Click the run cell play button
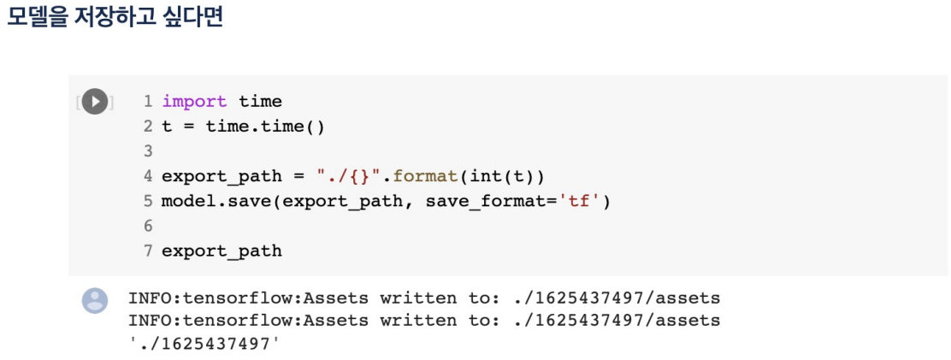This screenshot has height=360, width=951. [x=95, y=102]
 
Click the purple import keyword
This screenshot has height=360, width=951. [x=194, y=102]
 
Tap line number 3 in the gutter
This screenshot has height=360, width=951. [x=147, y=151]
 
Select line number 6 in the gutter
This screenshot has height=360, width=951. [x=147, y=226]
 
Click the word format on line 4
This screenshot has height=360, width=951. [x=422, y=176]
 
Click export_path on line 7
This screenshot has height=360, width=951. [x=222, y=251]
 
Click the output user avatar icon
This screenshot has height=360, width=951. [x=95, y=300]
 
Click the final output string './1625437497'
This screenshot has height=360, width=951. [x=204, y=343]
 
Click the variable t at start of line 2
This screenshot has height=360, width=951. [x=166, y=127]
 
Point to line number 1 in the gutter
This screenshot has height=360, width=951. [x=147, y=102]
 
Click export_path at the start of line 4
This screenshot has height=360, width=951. [x=222, y=176]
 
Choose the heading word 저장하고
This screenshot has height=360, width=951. [x=114, y=18]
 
